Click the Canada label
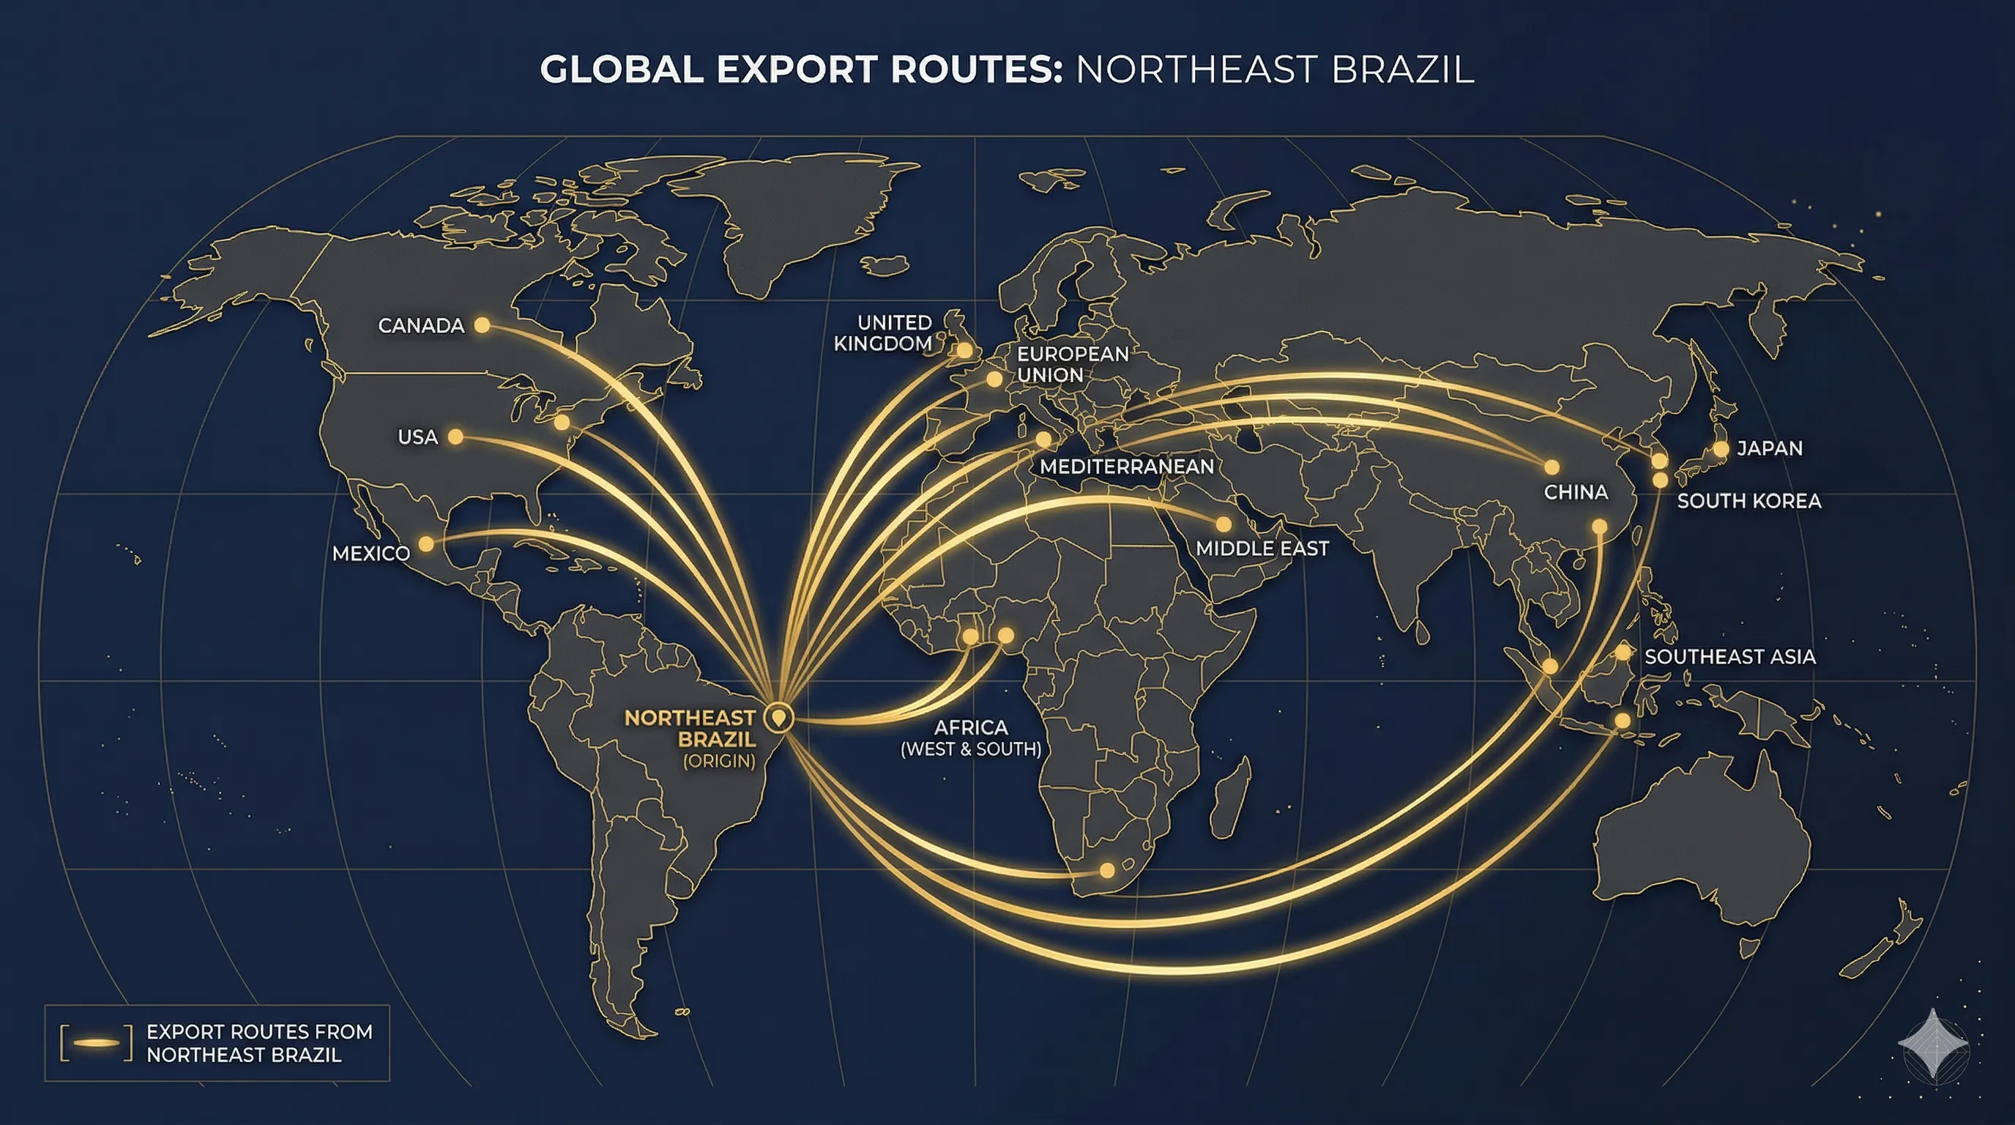click(x=421, y=325)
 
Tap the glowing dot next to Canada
click(x=483, y=324)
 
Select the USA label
click(x=417, y=437)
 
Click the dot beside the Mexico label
click(x=426, y=543)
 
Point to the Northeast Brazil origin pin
click(x=778, y=716)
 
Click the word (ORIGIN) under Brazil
click(x=719, y=761)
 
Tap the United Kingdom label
click(x=883, y=333)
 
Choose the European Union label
click(x=1073, y=364)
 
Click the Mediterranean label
click(x=1126, y=467)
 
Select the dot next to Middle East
click(x=1223, y=524)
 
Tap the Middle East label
click(x=1262, y=549)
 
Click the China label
click(x=1576, y=492)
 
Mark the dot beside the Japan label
click(x=1721, y=449)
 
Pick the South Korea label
click(x=1749, y=501)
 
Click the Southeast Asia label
click(x=1729, y=656)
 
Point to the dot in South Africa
click(x=1107, y=870)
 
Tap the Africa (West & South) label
click(x=971, y=738)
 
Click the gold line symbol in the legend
click(x=96, y=1043)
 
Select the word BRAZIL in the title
click(x=1401, y=70)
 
